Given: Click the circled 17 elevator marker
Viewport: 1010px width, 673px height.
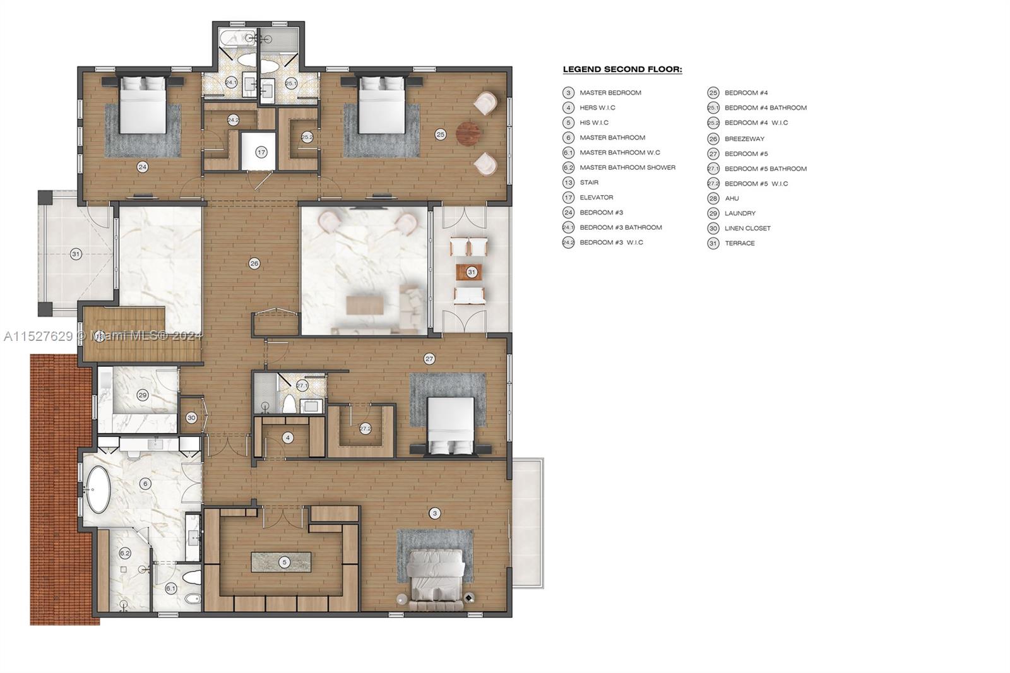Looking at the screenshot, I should (261, 152).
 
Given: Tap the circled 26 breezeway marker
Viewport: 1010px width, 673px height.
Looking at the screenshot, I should (254, 263).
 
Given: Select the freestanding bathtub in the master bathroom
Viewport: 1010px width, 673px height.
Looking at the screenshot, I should (98, 489).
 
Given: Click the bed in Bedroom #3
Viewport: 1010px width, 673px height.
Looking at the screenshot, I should (143, 105).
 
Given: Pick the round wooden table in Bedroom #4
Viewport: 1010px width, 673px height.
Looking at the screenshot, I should (468, 133).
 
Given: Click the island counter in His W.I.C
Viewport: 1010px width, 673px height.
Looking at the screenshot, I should (281, 562).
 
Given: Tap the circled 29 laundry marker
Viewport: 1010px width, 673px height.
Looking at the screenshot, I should (143, 395).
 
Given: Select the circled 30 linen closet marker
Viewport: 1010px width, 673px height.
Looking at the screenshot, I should (191, 418).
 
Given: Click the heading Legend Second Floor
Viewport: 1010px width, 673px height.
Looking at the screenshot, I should (622, 69).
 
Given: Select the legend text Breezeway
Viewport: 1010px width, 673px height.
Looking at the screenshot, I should (744, 139).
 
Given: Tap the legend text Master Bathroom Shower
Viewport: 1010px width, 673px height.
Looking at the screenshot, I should (627, 167).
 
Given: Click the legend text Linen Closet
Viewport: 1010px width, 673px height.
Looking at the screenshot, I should (747, 229).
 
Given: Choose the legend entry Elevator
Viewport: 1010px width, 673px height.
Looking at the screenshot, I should (596, 198).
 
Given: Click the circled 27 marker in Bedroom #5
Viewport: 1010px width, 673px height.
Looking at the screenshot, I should (429, 359).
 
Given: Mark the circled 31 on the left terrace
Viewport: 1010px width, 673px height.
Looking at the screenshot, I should (76, 254).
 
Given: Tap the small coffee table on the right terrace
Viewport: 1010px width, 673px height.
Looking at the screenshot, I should (468, 272).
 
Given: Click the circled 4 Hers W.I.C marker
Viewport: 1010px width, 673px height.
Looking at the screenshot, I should (288, 438).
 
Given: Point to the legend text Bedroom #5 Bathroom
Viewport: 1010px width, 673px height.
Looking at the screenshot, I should (765, 169).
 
